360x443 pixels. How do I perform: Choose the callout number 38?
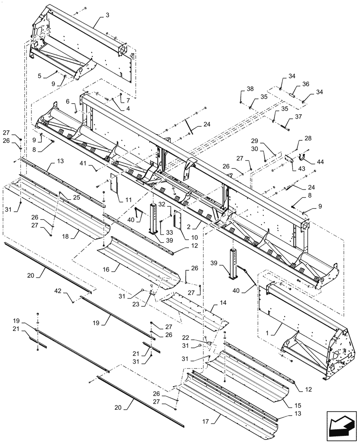pyautogui.click(x=250, y=89)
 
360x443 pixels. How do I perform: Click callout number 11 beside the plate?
pyautogui.click(x=128, y=200)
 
